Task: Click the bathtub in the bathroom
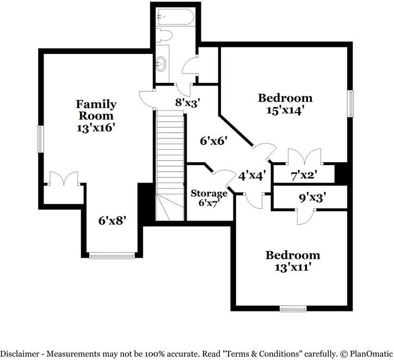[x=175, y=16]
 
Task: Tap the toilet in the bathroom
[x=164, y=35]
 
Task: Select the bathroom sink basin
[x=161, y=64]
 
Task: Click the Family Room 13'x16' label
[x=96, y=116]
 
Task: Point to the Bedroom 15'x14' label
[x=286, y=104]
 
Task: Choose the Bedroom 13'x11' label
[x=293, y=261]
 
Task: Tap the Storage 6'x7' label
[x=209, y=198]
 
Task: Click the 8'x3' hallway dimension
[x=188, y=102]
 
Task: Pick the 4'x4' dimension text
[x=252, y=176]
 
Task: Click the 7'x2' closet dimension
[x=304, y=175]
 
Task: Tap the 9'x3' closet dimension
[x=312, y=198]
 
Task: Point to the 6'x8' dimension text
[x=112, y=221]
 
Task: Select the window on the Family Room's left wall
[x=40, y=139]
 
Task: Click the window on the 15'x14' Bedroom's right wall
[x=350, y=103]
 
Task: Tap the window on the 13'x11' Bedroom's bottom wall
[x=293, y=308]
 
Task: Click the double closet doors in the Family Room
[x=64, y=179]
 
